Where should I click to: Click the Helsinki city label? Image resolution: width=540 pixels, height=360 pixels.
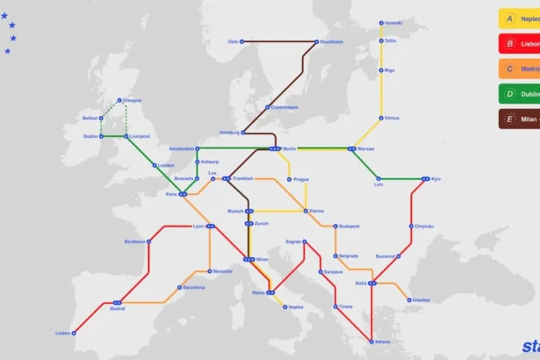click(392, 23)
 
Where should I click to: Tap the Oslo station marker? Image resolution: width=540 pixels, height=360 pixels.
click(242, 41)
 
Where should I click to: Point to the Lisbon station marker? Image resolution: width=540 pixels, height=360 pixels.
click(74, 333)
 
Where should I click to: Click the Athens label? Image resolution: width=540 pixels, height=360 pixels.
click(384, 342)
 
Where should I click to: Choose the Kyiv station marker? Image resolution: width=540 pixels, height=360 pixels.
click(425, 179)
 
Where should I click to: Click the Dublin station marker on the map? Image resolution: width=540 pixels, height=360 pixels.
click(101, 136)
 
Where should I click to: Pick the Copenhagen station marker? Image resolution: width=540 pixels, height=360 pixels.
click(269, 107)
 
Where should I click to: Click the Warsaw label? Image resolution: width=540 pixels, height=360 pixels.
click(365, 148)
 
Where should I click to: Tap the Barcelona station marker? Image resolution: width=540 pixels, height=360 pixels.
click(179, 287)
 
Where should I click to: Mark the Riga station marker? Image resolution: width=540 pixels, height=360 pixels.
click(381, 69)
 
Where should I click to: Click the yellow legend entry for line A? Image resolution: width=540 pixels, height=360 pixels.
click(519, 18)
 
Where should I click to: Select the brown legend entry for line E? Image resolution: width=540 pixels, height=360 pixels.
click(519, 119)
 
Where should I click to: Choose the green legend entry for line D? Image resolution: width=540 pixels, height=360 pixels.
click(519, 93)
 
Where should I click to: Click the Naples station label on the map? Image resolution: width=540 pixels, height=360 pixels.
click(296, 306)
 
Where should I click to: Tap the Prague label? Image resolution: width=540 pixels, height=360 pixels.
click(301, 179)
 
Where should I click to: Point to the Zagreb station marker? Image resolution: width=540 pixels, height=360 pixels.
click(305, 241)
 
